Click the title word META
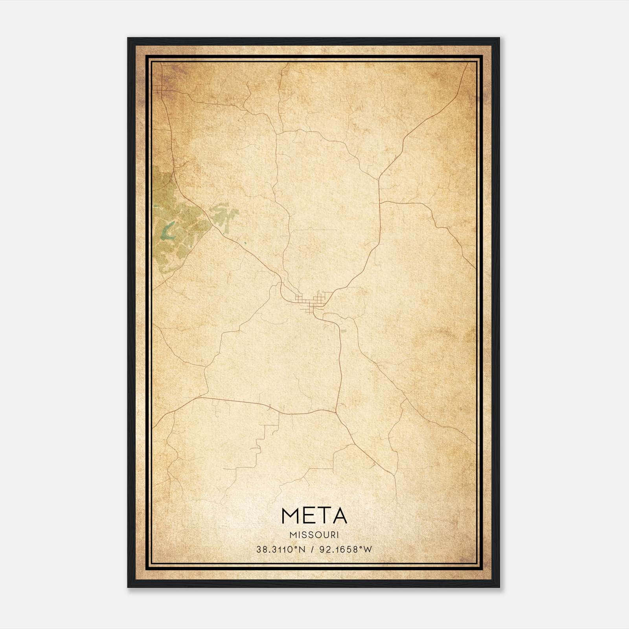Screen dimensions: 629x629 click(314, 516)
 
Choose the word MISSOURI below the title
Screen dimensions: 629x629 click(314, 535)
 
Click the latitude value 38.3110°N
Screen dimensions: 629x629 click(281, 550)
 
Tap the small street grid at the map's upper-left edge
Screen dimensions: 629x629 click(160, 91)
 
